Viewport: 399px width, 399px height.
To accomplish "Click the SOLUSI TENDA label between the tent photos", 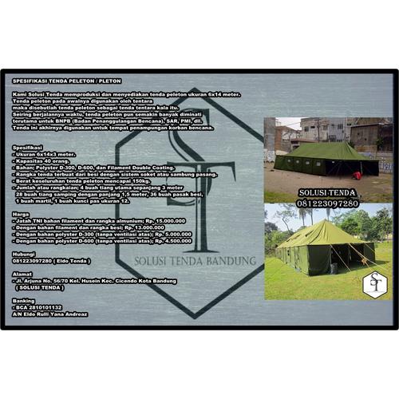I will click(x=328, y=192).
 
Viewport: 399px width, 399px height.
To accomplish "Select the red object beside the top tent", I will click(x=357, y=175).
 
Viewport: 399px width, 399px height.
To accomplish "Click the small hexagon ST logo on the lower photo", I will click(x=373, y=283).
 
